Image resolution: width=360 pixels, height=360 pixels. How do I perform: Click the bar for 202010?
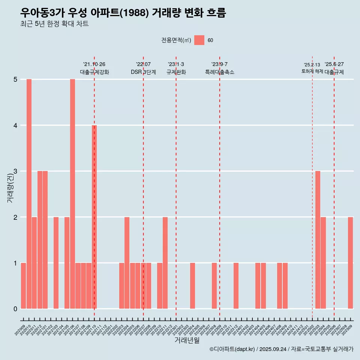pos(29,194)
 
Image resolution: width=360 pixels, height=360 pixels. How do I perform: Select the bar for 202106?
pos(72,194)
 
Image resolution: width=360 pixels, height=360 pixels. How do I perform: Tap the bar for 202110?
pos(94,217)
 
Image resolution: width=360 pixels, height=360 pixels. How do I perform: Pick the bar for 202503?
pos(318,240)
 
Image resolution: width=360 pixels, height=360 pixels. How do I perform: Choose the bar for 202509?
pos(350,262)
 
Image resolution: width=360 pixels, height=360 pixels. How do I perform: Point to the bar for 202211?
pos(165,262)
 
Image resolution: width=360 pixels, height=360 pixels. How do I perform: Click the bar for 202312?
pos(236,286)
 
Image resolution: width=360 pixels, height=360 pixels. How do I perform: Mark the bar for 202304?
pos(192,286)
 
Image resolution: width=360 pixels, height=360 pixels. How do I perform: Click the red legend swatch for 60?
pos(199,40)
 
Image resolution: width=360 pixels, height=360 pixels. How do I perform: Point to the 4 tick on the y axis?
pos(15,125)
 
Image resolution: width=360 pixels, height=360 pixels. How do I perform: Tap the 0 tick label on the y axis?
pos(15,309)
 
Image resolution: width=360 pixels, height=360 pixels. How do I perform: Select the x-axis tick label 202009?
pos(20,330)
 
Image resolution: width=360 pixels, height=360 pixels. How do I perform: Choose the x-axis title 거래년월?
pos(187,340)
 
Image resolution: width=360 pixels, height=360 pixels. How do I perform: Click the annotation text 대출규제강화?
pos(94,72)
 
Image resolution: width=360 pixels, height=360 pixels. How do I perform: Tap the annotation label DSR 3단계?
pos(143,72)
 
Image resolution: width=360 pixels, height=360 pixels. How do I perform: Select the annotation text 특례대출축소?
pos(220,72)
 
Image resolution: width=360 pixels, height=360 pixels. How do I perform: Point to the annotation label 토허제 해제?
pos(312,71)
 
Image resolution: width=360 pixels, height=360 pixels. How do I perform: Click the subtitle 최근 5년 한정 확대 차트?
pos(54,24)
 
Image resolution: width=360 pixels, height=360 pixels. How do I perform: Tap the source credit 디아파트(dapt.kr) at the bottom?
pos(232,349)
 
